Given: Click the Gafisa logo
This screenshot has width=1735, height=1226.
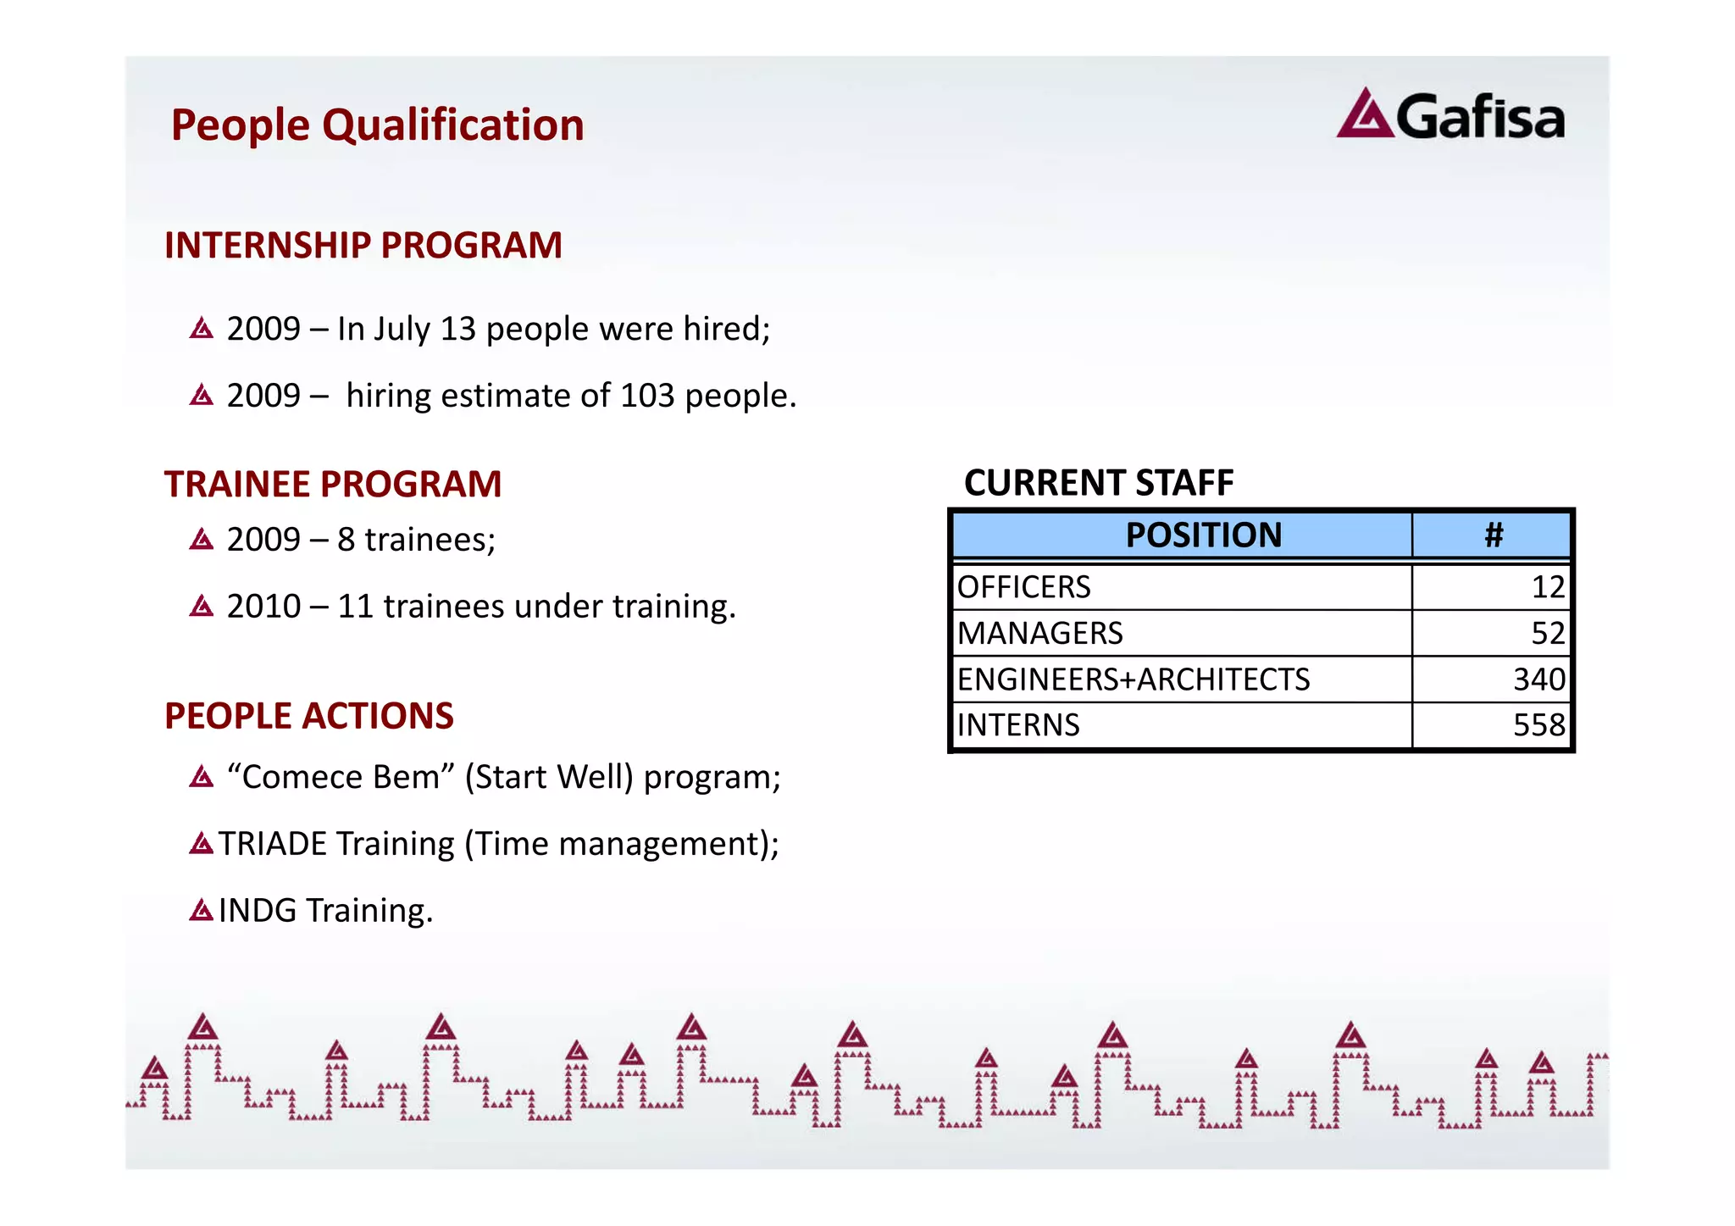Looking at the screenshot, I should [1450, 115].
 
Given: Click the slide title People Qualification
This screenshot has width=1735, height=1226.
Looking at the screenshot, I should [377, 125].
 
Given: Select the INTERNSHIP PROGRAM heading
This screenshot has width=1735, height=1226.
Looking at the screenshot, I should [363, 246].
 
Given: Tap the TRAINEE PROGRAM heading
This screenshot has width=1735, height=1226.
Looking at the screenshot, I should [333, 485].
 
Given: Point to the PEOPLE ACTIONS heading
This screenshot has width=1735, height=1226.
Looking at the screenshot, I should [308, 716].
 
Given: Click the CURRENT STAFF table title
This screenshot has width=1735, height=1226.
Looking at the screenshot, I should [1098, 483].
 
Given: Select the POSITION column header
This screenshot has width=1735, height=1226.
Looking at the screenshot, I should [1203, 535].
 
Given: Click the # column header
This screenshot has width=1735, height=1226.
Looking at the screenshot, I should [1493, 535].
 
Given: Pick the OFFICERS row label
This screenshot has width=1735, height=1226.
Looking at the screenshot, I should [1023, 587].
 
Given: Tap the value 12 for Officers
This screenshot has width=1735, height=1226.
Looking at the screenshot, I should [1547, 587].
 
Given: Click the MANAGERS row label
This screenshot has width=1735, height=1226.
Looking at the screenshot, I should [1039, 634].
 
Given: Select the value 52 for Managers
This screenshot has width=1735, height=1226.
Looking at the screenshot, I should [1547, 634].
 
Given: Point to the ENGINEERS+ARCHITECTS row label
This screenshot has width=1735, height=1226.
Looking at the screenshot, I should [1133, 680].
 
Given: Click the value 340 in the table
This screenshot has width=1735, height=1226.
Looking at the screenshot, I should [1538, 680].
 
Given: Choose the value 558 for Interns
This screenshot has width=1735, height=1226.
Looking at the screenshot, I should [1538, 725].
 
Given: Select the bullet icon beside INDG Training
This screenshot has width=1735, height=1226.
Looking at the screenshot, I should [202, 911].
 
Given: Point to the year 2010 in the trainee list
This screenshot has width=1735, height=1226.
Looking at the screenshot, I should [263, 607].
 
